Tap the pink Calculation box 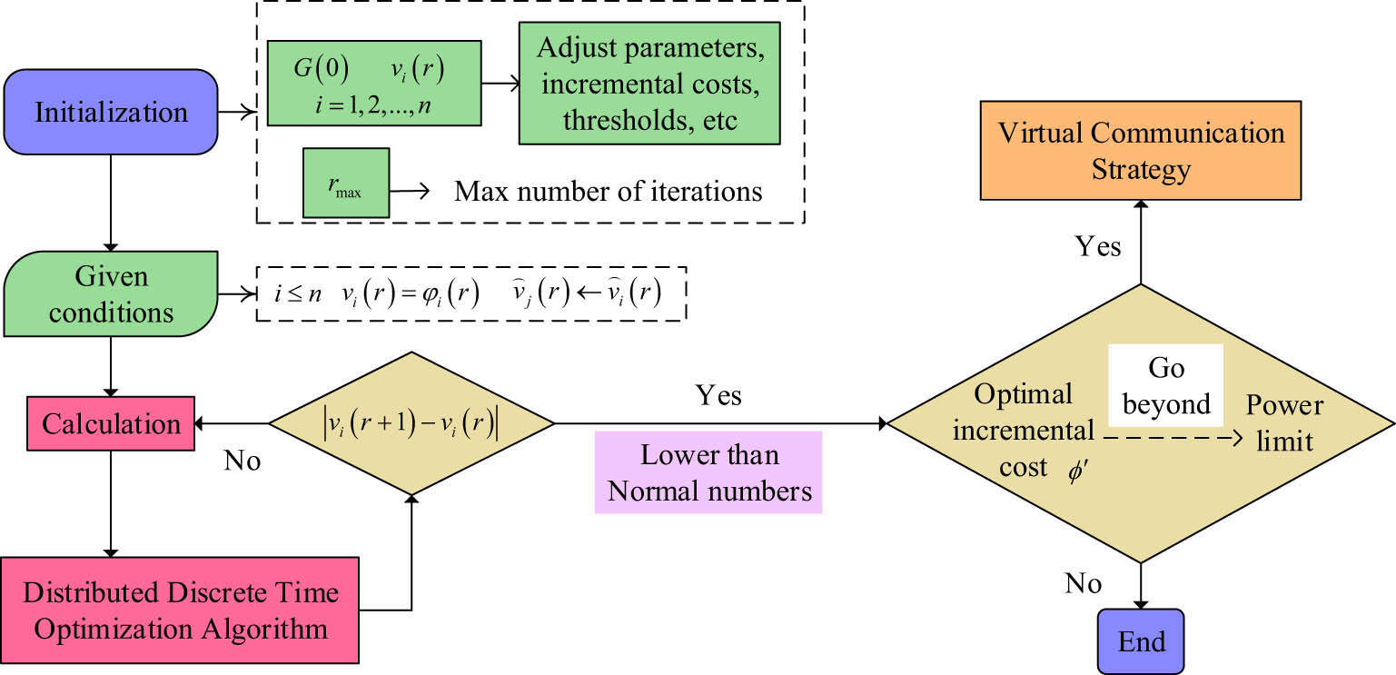111,423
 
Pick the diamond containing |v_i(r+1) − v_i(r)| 411,423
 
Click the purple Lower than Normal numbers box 708,472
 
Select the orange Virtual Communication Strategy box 1141,150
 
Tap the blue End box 1141,641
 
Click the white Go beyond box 1165,385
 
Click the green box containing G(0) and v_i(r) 374,83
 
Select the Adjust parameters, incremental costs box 649,83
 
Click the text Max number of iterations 608,192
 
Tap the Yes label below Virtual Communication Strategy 1097,245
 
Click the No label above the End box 1084,582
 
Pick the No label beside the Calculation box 243,461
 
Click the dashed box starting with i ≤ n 471,293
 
